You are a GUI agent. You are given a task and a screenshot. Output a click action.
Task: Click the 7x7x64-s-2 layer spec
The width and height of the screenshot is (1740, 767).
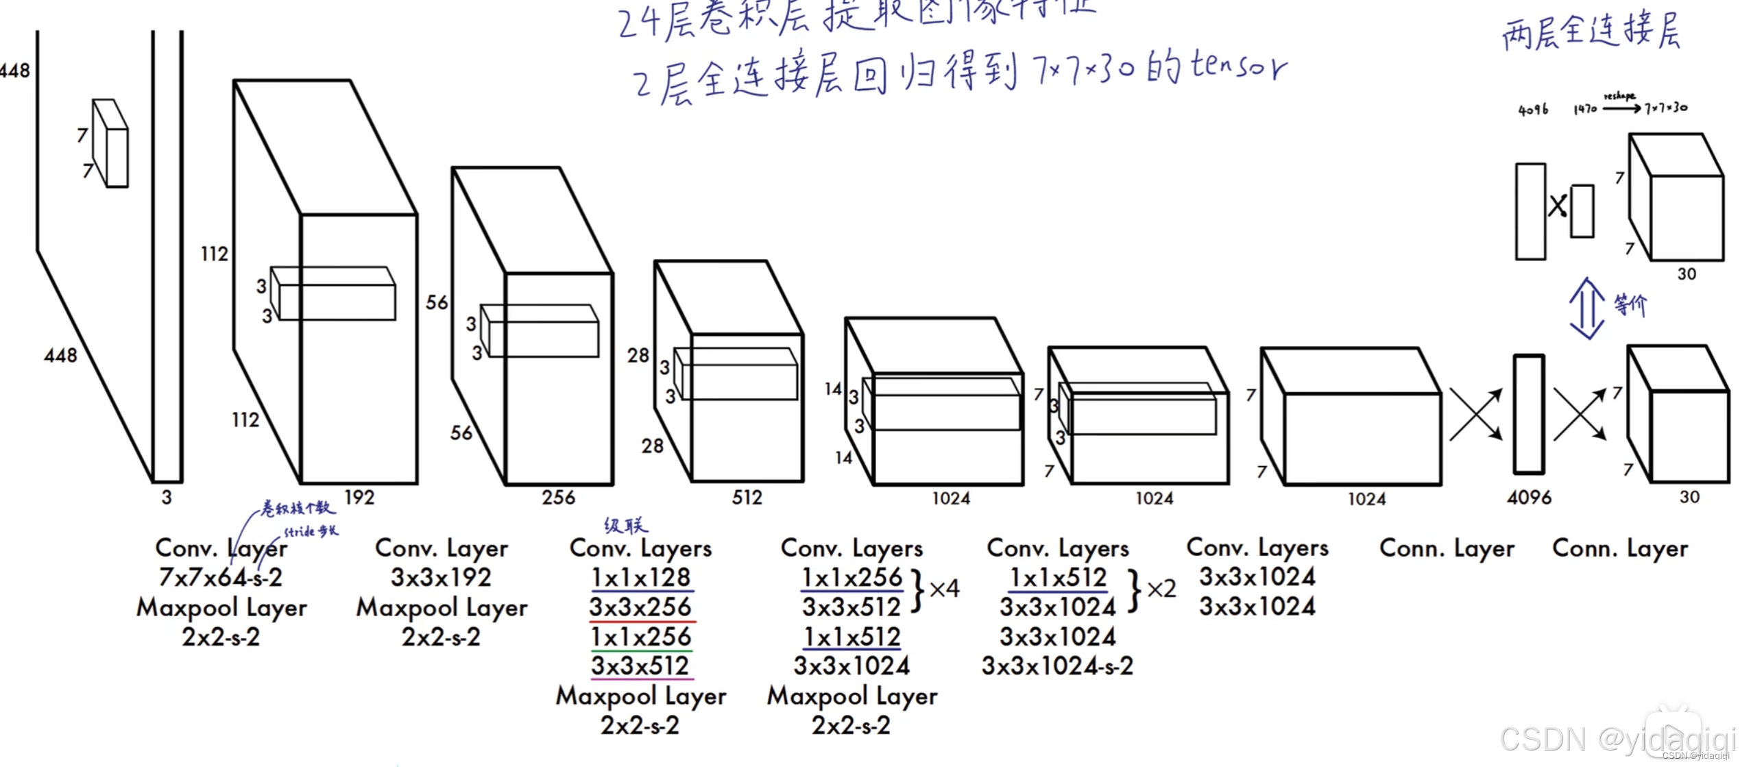coord(220,578)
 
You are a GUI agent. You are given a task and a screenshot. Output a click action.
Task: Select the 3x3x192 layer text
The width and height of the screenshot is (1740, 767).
coord(441,578)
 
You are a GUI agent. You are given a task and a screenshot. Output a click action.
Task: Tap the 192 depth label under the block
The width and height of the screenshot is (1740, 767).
coord(359,498)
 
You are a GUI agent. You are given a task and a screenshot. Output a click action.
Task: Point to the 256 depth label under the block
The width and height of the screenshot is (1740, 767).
coord(558,498)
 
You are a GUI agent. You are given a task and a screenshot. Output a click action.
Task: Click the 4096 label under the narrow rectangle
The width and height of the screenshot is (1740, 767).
coord(1529,498)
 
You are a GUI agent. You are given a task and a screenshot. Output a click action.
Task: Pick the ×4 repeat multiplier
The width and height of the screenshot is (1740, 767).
coord(944,589)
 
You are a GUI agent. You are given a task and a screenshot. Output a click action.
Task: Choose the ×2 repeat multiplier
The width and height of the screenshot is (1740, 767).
coord(1161,589)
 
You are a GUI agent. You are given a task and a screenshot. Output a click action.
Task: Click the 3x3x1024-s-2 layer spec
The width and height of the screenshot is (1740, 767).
coord(1057,666)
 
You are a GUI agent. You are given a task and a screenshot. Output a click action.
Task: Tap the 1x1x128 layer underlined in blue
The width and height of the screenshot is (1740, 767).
coord(641,578)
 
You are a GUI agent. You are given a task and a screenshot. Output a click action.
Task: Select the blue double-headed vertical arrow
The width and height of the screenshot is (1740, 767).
coord(1586,308)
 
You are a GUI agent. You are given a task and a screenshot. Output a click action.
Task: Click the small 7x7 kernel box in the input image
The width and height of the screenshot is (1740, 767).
coord(110,143)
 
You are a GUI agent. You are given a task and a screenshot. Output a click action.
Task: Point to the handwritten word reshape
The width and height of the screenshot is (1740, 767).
coord(1619,96)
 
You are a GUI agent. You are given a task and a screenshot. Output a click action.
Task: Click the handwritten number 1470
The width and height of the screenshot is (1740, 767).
coord(1584,109)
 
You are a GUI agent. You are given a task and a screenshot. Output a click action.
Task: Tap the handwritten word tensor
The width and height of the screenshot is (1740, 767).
coord(1238,67)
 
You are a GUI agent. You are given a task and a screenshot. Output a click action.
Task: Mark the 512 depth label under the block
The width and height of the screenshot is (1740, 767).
coord(747,498)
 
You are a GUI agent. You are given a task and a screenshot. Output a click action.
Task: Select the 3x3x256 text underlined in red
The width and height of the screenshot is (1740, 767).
coord(640,607)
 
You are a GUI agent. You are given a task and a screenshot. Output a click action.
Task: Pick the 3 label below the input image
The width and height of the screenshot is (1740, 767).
coord(167,498)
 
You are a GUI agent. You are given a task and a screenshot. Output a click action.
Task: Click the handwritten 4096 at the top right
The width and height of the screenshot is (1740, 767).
coord(1533,110)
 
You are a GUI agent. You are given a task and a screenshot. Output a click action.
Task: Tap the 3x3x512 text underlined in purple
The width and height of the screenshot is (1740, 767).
coord(640,666)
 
